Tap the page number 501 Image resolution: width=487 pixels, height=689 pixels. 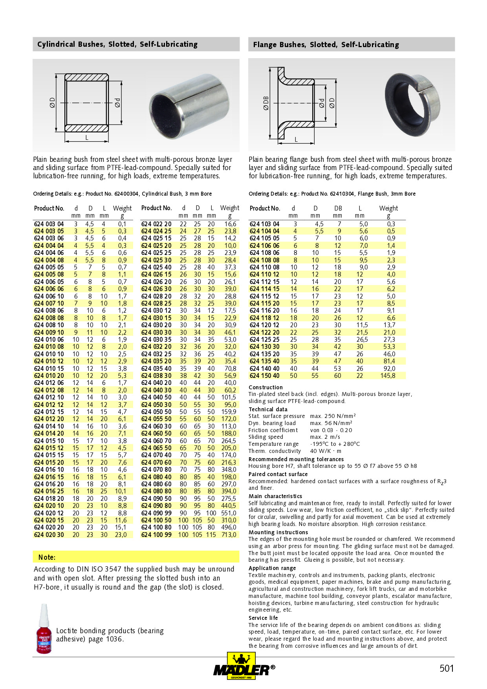[x=447, y=668]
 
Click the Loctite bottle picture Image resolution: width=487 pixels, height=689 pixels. [x=44, y=629]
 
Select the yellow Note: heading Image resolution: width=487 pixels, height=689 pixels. [x=47, y=557]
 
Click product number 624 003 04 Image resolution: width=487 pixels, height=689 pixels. [x=49, y=224]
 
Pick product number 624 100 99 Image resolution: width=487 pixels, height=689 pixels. [x=156, y=535]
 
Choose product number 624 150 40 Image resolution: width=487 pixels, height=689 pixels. [x=265, y=376]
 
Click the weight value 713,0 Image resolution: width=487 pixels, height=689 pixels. [x=229, y=535]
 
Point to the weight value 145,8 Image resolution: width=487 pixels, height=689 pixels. [x=388, y=376]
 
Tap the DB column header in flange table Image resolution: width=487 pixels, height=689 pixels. [x=338, y=208]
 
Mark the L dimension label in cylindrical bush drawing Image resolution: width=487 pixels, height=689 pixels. [x=87, y=137]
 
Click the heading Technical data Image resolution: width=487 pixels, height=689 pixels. [x=268, y=409]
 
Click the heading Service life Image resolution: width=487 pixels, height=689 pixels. [x=263, y=618]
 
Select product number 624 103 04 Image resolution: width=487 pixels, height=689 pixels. [x=265, y=224]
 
